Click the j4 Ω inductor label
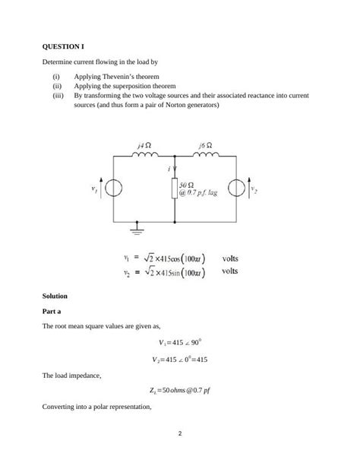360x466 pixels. tap(143, 144)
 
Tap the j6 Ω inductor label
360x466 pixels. tap(205, 144)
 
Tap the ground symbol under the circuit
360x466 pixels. tap(137, 226)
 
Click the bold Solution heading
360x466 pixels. tap(55, 295)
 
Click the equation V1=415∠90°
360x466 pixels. tap(180, 343)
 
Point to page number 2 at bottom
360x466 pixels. tap(180, 434)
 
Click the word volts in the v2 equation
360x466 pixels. tap(230, 270)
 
